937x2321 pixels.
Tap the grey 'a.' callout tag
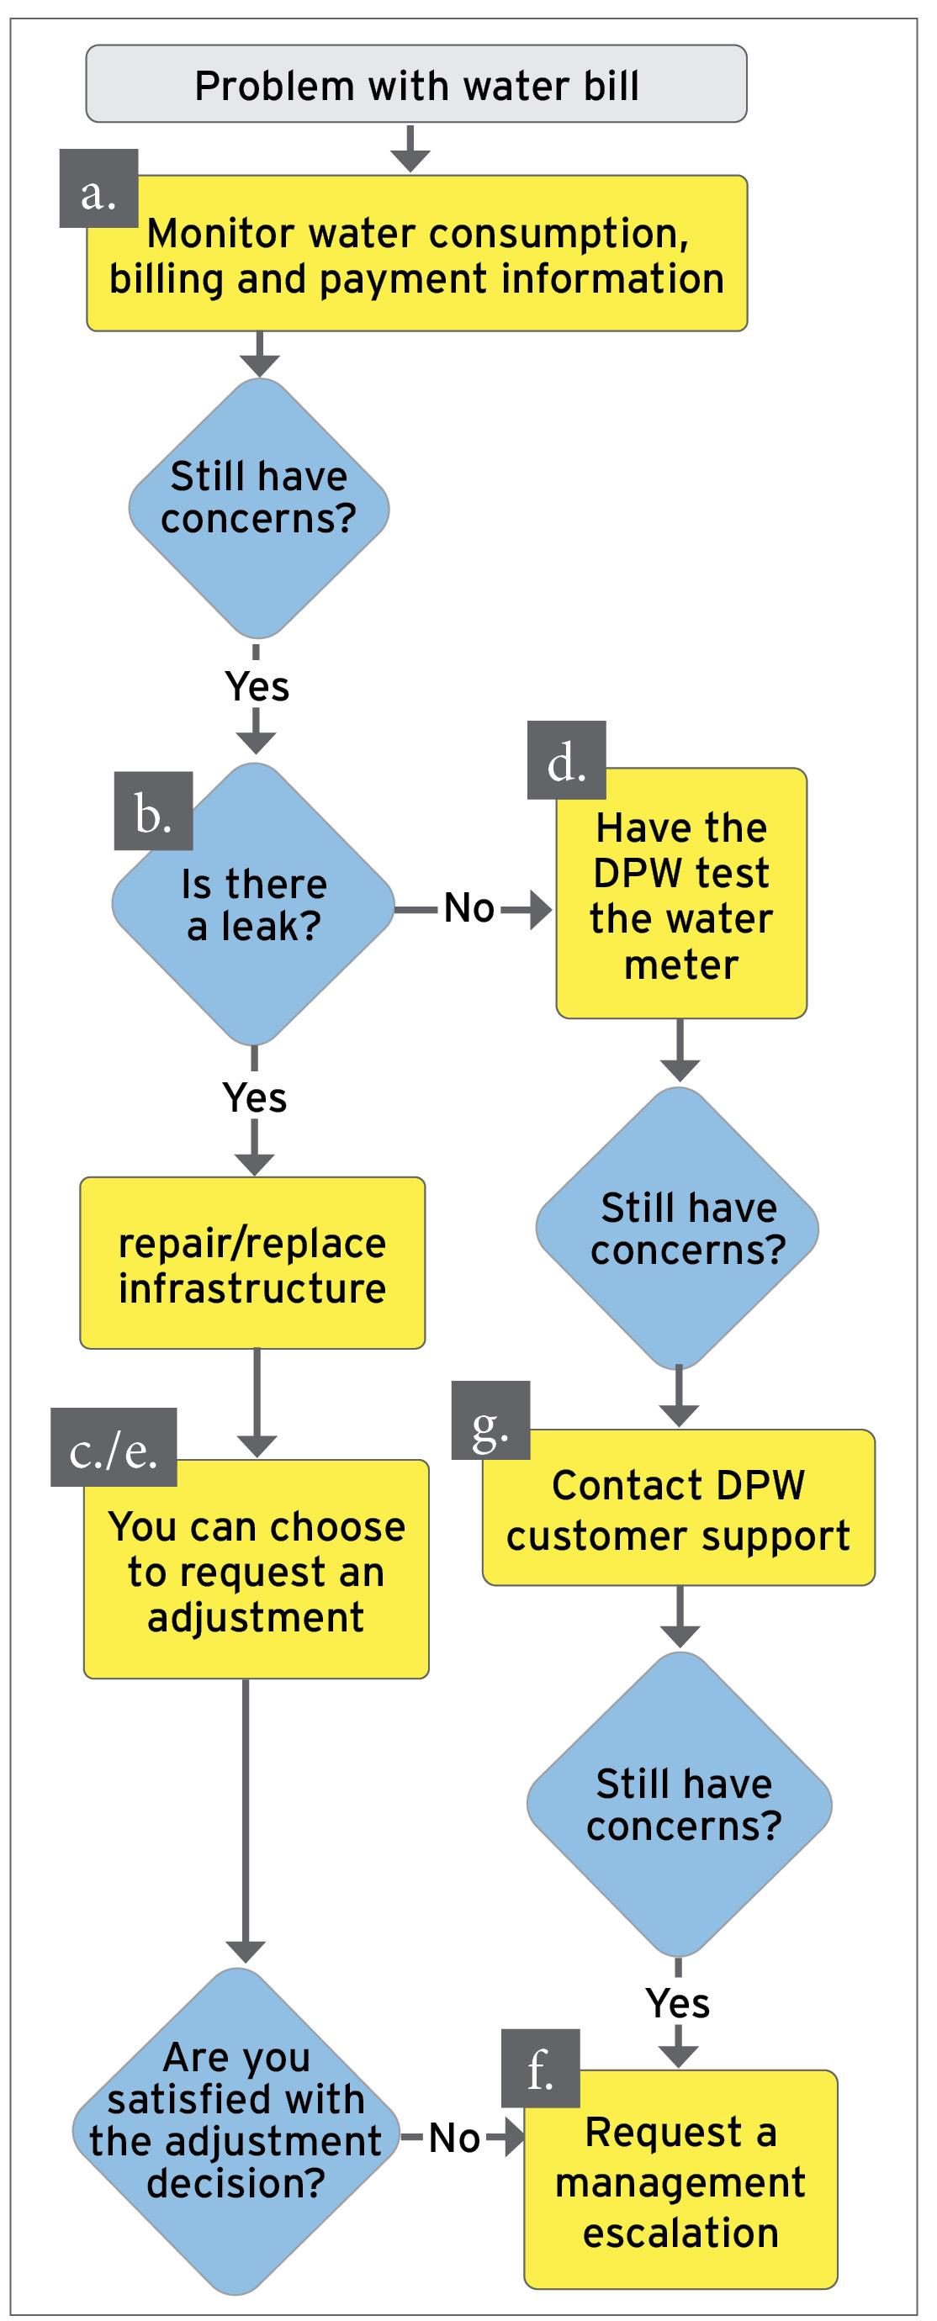tap(98, 188)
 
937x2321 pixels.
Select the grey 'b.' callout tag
tap(153, 811)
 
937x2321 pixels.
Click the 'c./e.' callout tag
tap(114, 1448)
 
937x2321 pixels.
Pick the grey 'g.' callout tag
tap(490, 1421)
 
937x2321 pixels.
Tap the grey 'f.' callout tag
tap(540, 2069)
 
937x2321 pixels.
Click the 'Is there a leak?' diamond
tap(253, 906)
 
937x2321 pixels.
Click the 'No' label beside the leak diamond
tap(468, 908)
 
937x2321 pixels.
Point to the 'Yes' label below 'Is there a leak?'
tap(255, 1098)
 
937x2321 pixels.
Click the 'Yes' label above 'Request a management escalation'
tap(678, 2004)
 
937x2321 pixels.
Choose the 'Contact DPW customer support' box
tap(679, 1510)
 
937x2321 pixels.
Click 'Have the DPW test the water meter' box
tap(681, 895)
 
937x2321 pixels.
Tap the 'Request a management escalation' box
tap(681, 2181)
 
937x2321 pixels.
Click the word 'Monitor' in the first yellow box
tap(220, 235)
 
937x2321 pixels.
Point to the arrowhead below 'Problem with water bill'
tap(410, 161)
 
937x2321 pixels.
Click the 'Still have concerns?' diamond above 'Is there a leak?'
tap(258, 509)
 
